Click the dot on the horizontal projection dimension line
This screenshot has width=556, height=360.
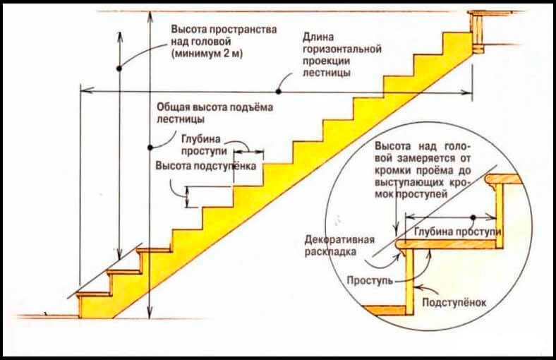pyautogui.click(x=279, y=92)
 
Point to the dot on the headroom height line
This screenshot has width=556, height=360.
pyautogui.click(x=119, y=68)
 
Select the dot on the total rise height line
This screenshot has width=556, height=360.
pyautogui.click(x=150, y=148)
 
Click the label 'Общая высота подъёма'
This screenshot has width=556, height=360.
pyautogui.click(x=214, y=107)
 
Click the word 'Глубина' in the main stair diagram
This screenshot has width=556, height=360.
pyautogui.click(x=200, y=138)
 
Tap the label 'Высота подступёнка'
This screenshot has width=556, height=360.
pyautogui.click(x=206, y=166)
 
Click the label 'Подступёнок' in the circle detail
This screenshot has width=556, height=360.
pyautogui.click(x=454, y=303)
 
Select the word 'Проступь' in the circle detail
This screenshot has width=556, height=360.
pyautogui.click(x=370, y=280)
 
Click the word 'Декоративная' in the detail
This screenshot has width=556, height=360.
pyautogui.click(x=339, y=239)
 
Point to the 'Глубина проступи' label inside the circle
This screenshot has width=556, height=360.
pyautogui.click(x=458, y=232)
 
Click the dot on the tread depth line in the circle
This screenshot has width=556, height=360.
pyautogui.click(x=473, y=217)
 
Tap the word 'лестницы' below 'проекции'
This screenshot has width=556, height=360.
pyautogui.click(x=327, y=73)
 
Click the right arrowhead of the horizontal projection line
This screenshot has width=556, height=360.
pyautogui.click(x=467, y=92)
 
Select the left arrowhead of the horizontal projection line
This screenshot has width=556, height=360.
pyautogui.click(x=87, y=90)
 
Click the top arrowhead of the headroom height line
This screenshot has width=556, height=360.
pyautogui.click(x=120, y=35)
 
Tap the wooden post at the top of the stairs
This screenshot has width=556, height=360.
pyautogui.click(x=477, y=32)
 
